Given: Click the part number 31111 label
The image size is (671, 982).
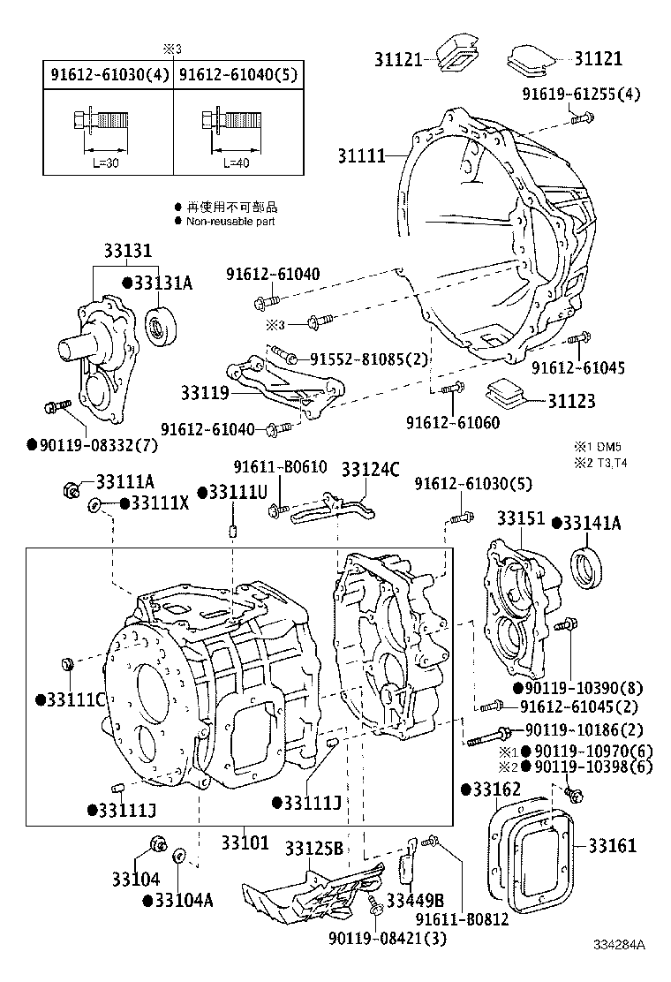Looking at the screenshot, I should click(x=361, y=155).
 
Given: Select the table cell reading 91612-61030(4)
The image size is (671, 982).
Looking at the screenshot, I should click(x=107, y=75).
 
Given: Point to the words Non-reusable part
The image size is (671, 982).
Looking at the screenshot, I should click(x=230, y=222).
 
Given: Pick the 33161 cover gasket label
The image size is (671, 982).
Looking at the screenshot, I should click(x=612, y=846).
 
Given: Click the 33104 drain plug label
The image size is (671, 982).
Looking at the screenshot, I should click(x=135, y=879).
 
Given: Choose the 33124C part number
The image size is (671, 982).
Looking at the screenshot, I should click(x=370, y=469).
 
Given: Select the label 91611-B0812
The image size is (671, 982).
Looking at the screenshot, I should click(x=463, y=919).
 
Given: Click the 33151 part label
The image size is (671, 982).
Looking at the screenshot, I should click(x=521, y=518).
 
